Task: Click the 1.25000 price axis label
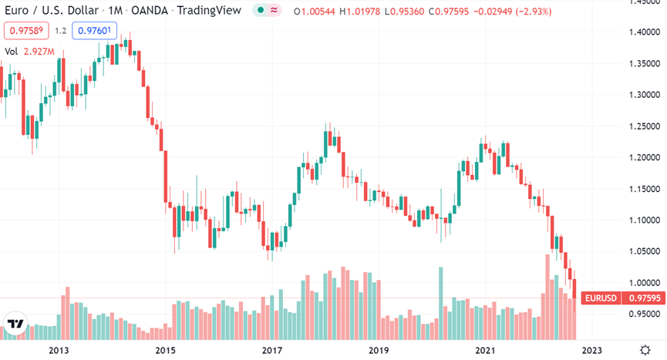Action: [637, 126]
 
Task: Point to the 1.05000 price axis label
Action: [637, 251]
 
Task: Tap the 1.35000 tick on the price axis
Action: [637, 63]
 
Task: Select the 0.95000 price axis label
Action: [637, 315]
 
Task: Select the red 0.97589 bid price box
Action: [26, 32]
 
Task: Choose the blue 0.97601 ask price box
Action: [94, 32]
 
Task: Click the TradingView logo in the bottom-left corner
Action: [14, 326]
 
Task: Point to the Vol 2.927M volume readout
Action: [29, 52]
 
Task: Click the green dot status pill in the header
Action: [268, 10]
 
